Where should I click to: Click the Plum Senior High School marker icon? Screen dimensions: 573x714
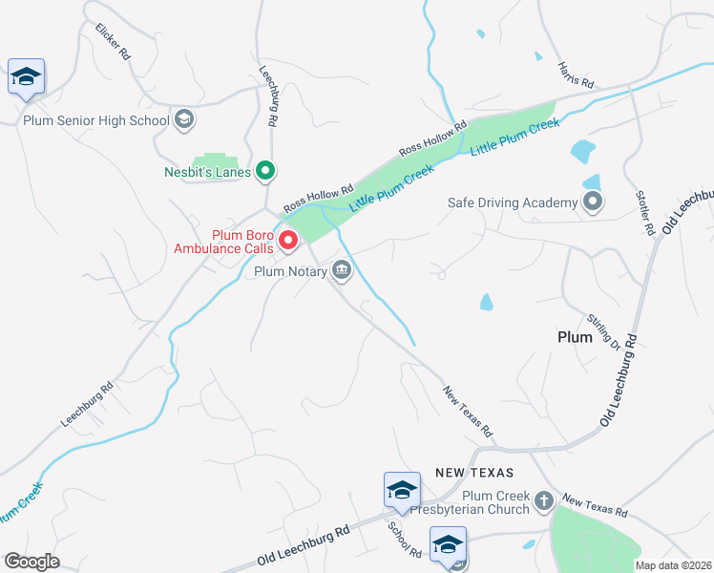pyautogui.click(x=185, y=119)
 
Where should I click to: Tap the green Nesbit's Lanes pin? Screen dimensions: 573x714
pyautogui.click(x=266, y=172)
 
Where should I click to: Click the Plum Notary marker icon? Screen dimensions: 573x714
pyautogui.click(x=342, y=272)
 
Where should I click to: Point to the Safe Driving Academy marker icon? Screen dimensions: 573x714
pyautogui.click(x=593, y=202)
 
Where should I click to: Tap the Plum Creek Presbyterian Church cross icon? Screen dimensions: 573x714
pyautogui.click(x=543, y=500)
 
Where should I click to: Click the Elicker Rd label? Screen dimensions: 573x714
pyautogui.click(x=113, y=43)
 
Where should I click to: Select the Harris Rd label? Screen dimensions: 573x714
pyautogui.click(x=576, y=74)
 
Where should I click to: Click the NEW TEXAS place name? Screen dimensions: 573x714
pyautogui.click(x=474, y=473)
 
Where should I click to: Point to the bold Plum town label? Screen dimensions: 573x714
pyautogui.click(x=575, y=337)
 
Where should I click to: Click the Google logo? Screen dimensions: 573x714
pyautogui.click(x=31, y=562)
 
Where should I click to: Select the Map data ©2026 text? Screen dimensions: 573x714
pyautogui.click(x=672, y=565)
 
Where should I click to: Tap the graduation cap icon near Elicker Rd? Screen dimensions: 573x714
pyautogui.click(x=27, y=77)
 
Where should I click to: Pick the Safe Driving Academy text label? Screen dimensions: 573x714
pyautogui.click(x=514, y=202)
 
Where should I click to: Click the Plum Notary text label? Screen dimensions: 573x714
pyautogui.click(x=290, y=272)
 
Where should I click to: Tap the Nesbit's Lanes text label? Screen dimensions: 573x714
pyautogui.click(x=206, y=172)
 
